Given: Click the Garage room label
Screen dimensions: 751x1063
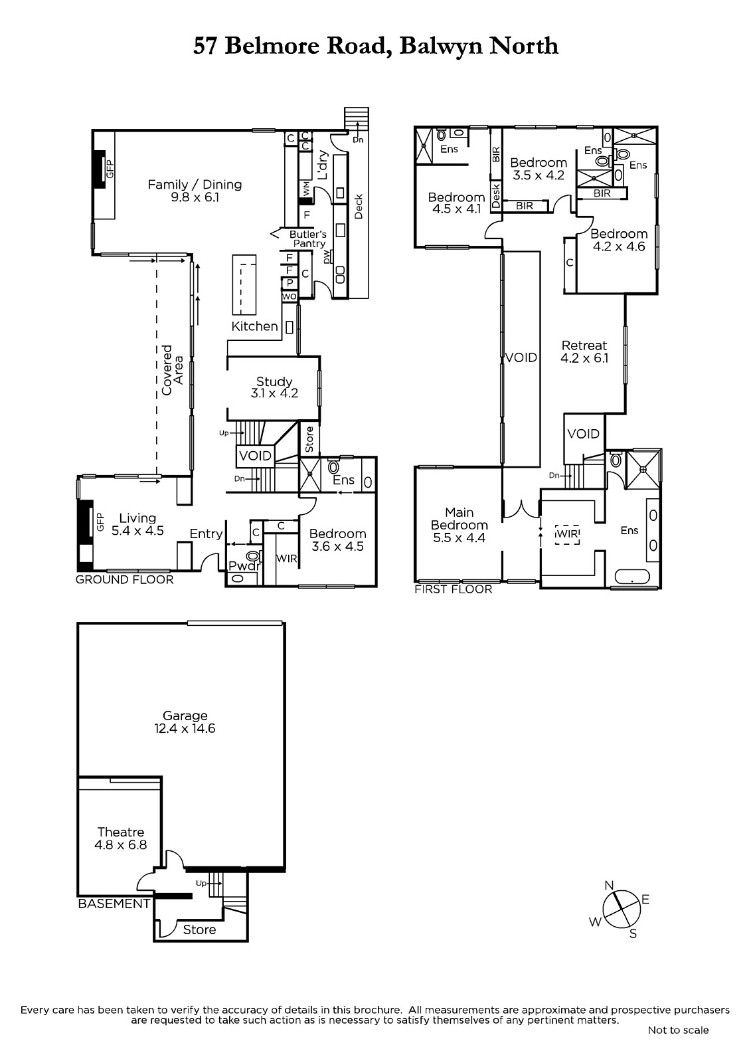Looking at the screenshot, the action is [185, 722].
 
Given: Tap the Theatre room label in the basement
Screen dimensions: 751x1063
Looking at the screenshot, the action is [120, 838].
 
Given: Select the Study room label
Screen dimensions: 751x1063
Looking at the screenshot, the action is [274, 387].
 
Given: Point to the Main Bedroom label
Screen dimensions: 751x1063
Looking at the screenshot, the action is [459, 525].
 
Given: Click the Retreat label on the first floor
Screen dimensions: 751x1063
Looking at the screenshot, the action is [584, 351].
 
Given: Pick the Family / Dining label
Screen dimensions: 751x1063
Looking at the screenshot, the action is [195, 190].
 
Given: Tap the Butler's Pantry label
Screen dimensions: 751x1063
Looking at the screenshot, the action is [308, 239].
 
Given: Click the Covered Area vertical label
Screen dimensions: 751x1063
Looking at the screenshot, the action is [173, 370].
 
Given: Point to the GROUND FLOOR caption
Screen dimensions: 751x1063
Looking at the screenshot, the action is [124, 579].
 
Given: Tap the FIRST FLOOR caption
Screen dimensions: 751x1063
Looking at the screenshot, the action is [453, 589].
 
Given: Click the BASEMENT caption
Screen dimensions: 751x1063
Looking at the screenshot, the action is [114, 904].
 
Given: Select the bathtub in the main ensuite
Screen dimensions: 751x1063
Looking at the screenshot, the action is [632, 577].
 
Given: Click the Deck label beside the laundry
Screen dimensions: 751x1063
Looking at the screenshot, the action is [358, 207].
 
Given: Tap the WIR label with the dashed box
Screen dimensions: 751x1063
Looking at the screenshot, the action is [568, 534].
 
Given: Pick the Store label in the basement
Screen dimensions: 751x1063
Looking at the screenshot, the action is [199, 929].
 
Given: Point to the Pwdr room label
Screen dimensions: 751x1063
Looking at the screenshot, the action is [245, 565].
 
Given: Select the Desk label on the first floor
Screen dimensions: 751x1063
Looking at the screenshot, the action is [496, 196].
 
